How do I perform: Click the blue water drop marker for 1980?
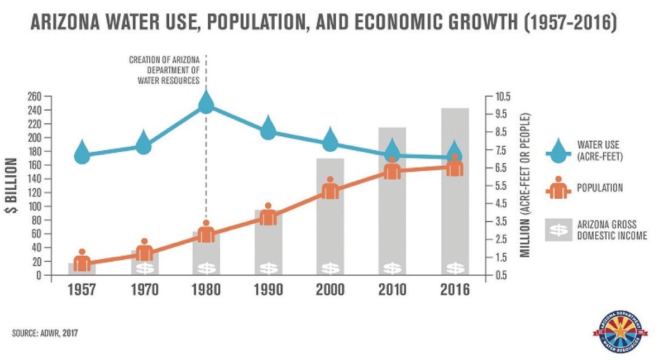pyautogui.click(x=206, y=103)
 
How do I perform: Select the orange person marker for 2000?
pyautogui.click(x=330, y=189)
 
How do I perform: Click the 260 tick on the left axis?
pyautogui.click(x=35, y=97)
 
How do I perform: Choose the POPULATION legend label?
pyautogui.click(x=599, y=188)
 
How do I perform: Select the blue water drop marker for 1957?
pyautogui.click(x=83, y=152)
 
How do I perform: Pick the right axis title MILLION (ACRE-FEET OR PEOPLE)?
pyautogui.click(x=526, y=185)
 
